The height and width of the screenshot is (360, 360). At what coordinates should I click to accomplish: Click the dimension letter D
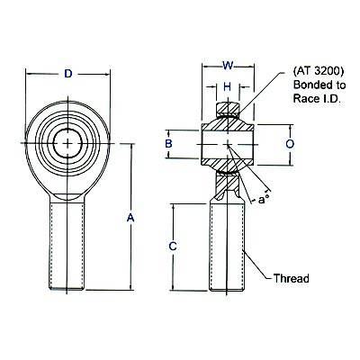[67, 74]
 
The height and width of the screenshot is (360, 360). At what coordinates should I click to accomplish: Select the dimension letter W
[229, 64]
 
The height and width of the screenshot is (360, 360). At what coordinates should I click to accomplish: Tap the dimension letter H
[229, 87]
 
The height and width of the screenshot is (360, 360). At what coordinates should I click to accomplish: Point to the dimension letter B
[167, 144]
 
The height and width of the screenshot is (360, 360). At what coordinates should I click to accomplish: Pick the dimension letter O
[289, 143]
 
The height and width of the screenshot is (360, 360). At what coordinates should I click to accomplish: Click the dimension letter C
[172, 246]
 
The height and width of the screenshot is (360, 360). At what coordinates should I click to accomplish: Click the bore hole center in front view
[67, 142]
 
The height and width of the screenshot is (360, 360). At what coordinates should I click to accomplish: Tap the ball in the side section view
[229, 143]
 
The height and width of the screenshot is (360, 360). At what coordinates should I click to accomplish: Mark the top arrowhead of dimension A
[132, 145]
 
